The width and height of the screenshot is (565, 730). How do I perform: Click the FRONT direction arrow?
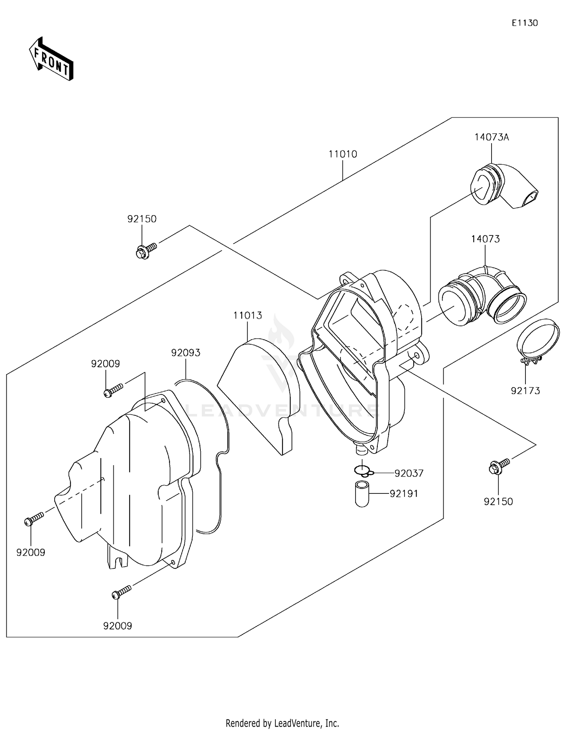(x=51, y=59)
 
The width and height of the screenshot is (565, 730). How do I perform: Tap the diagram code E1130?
(x=524, y=23)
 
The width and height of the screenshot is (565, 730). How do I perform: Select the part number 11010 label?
(x=342, y=154)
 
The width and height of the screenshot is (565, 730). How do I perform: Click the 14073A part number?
(x=491, y=137)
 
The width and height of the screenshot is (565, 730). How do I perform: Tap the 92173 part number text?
(x=525, y=391)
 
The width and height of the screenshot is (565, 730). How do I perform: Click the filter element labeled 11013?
(x=260, y=392)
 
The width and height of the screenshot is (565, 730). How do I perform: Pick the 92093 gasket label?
(x=186, y=353)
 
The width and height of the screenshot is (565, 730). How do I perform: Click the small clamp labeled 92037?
(x=363, y=470)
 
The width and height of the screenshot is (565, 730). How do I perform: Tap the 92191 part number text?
(x=404, y=493)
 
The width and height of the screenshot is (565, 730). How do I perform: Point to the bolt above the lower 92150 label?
(x=498, y=466)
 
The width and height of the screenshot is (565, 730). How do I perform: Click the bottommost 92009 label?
(x=118, y=626)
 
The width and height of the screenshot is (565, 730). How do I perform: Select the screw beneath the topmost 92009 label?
(x=113, y=390)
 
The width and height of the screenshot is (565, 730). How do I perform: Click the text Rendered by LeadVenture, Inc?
(x=282, y=723)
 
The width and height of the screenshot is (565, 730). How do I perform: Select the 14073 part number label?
(x=485, y=239)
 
